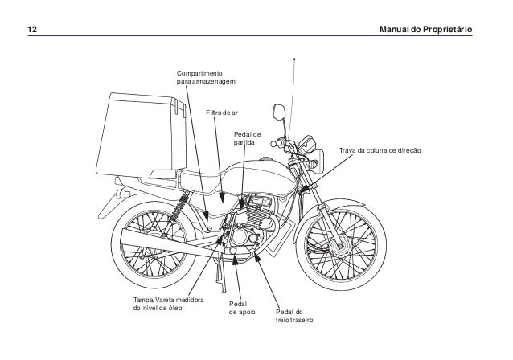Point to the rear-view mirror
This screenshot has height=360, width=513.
[x=277, y=109]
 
